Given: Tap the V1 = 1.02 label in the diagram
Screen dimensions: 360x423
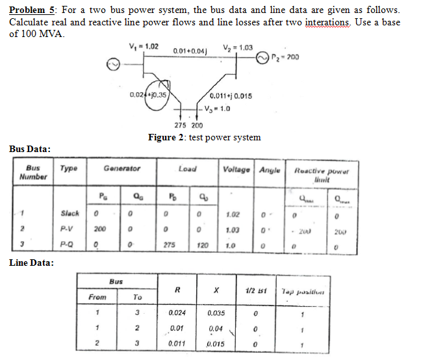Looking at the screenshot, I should (143, 45).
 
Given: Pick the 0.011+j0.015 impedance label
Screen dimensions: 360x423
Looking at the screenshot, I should (231, 97).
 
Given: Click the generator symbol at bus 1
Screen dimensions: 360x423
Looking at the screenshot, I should (113, 64).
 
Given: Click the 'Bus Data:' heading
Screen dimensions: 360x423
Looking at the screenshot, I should (30, 149).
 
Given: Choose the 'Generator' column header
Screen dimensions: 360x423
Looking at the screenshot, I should (122, 168).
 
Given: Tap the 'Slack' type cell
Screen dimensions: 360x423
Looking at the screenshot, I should (70, 213).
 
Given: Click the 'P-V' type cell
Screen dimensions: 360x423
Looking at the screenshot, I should (68, 229).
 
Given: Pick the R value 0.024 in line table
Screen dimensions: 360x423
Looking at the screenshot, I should (173, 313).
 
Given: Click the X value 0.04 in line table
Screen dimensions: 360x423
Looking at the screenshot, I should (216, 328).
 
